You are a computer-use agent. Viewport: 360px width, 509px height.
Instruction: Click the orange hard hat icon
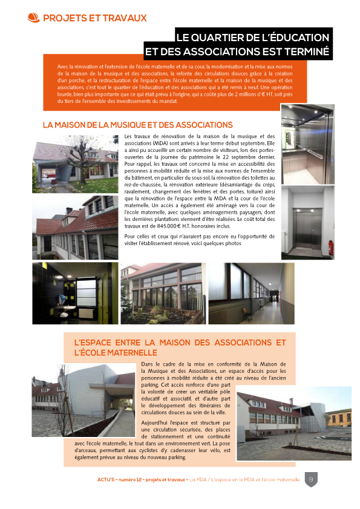coord(34,18)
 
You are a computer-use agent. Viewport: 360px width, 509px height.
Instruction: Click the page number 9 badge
coord(310,479)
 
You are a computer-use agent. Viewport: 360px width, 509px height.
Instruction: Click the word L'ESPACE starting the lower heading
coord(94,343)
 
